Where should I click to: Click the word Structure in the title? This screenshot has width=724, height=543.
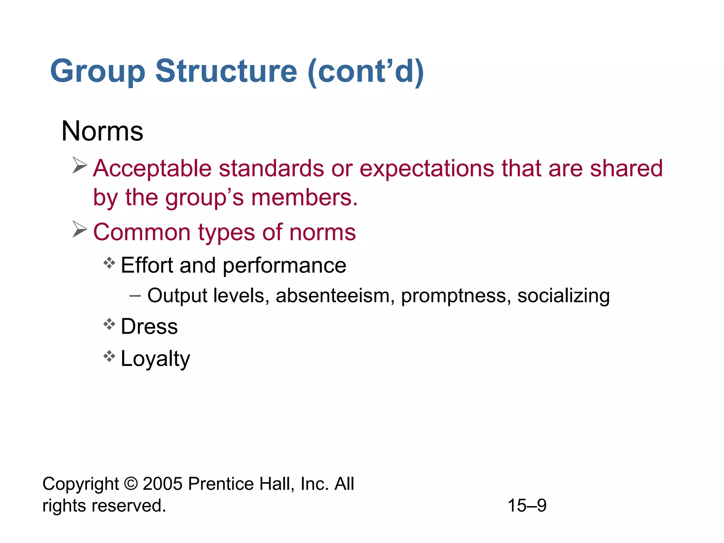[x=226, y=71]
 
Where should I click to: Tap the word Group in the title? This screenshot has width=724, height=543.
[x=98, y=71]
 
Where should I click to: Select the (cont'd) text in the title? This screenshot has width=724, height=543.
[x=366, y=71]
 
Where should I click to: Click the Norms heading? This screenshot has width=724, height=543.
[x=102, y=131]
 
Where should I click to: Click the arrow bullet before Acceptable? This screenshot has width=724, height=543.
[x=80, y=165]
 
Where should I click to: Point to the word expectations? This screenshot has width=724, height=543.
[x=427, y=169]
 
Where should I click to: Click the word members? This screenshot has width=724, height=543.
[x=304, y=197]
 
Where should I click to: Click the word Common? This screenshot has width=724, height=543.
[x=142, y=233]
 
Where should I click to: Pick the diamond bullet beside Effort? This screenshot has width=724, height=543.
[x=109, y=263]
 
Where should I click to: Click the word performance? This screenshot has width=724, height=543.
[x=284, y=266]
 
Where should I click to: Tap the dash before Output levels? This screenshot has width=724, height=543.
[x=135, y=295]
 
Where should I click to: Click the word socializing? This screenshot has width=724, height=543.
[x=564, y=296]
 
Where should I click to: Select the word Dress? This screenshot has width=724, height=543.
[x=149, y=326]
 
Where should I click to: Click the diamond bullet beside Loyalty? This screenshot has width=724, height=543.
[x=109, y=356]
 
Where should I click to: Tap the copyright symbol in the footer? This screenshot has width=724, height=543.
[x=131, y=484]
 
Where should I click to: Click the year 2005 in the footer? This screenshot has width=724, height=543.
[x=163, y=484]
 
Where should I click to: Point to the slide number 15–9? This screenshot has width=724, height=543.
[x=527, y=506]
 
